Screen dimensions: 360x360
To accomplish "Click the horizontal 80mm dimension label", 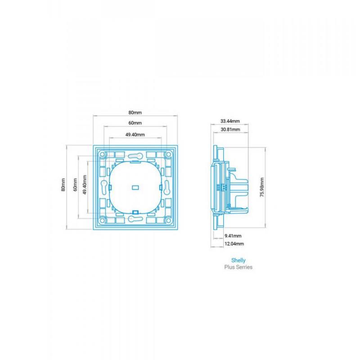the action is (x=135, y=112).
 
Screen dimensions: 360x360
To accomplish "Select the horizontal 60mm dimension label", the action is (x=135, y=123).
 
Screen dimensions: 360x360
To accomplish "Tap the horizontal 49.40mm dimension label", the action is (x=135, y=135).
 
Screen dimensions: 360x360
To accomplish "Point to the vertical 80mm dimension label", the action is (x=63, y=184).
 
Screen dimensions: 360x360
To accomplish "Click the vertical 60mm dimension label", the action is (x=75, y=184).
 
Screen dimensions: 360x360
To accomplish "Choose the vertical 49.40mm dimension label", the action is (x=85, y=185).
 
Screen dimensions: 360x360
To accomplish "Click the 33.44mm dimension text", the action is (x=230, y=121).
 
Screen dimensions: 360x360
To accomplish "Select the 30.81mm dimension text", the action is (x=230, y=130).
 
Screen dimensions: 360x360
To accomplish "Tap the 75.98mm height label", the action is (x=262, y=187).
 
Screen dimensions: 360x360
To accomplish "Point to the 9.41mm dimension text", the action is (x=233, y=236).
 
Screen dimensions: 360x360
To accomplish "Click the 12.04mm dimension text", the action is (x=234, y=244).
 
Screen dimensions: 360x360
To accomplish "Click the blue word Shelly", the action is (x=238, y=261).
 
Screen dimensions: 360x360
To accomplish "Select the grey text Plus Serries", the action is (x=238, y=267).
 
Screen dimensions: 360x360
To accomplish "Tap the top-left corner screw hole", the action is (x=103, y=154).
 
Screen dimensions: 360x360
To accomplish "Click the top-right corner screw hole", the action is (x=168, y=154).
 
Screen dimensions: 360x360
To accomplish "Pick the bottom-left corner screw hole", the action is (x=103, y=220).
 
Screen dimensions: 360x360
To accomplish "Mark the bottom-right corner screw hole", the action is (x=168, y=220).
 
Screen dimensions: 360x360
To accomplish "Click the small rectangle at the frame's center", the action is (x=135, y=188).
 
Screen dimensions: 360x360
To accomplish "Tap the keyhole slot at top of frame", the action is (x=135, y=156).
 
